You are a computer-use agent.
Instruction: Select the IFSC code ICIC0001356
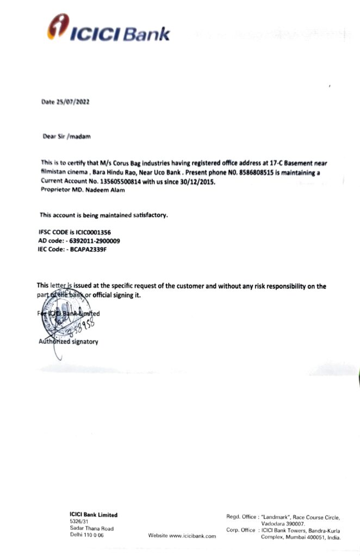pyautogui.click(x=88, y=232)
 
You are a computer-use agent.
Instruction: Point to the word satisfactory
pyautogui.click(x=147, y=215)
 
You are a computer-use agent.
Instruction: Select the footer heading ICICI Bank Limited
pyautogui.click(x=93, y=515)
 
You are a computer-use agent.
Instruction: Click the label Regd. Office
pyautogui.click(x=240, y=516)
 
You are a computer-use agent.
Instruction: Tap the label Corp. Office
pyautogui.click(x=240, y=530)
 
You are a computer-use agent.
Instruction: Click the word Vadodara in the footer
pyautogui.click(x=274, y=523)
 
